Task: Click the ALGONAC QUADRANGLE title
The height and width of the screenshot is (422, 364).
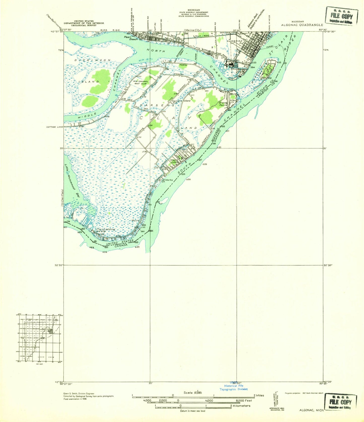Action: click(x=302, y=25)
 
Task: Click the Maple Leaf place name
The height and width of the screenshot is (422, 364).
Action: click(x=174, y=161)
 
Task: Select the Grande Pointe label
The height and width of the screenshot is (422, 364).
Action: click(x=223, y=104)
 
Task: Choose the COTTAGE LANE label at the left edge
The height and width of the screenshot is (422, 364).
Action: click(x=55, y=127)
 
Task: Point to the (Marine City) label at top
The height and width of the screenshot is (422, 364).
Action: click(x=192, y=30)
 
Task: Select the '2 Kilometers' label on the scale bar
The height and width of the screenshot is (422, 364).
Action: click(x=240, y=406)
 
